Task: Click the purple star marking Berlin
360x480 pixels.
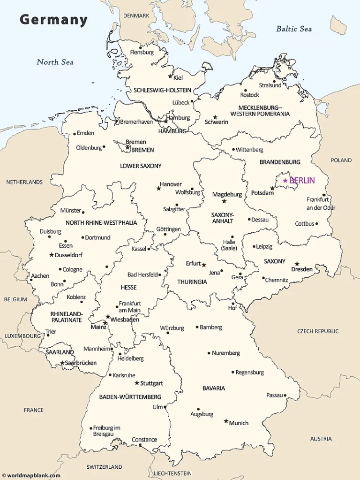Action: tap(285, 181)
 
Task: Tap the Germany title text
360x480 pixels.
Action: tap(53, 20)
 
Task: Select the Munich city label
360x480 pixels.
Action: tap(239, 423)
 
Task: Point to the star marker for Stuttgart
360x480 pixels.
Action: tap(137, 383)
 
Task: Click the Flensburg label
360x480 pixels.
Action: tap(142, 52)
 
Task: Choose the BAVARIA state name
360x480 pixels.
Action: tap(214, 388)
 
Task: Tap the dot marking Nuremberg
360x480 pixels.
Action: tap(209, 353)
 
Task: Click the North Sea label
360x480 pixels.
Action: tap(55, 62)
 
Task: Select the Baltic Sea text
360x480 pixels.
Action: tap(294, 29)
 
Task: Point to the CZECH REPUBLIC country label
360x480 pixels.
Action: tap(318, 331)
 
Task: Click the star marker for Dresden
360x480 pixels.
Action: tap(297, 264)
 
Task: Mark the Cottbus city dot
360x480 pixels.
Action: tap(317, 224)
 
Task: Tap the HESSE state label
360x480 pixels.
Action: tap(129, 287)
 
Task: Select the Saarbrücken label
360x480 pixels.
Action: tap(81, 363)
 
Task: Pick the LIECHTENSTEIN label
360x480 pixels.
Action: tap(172, 473)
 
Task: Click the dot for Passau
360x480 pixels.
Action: tap(285, 395)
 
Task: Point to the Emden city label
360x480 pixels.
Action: tap(85, 133)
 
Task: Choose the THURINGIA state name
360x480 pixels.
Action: tap(192, 282)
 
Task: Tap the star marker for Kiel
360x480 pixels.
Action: tap(170, 76)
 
